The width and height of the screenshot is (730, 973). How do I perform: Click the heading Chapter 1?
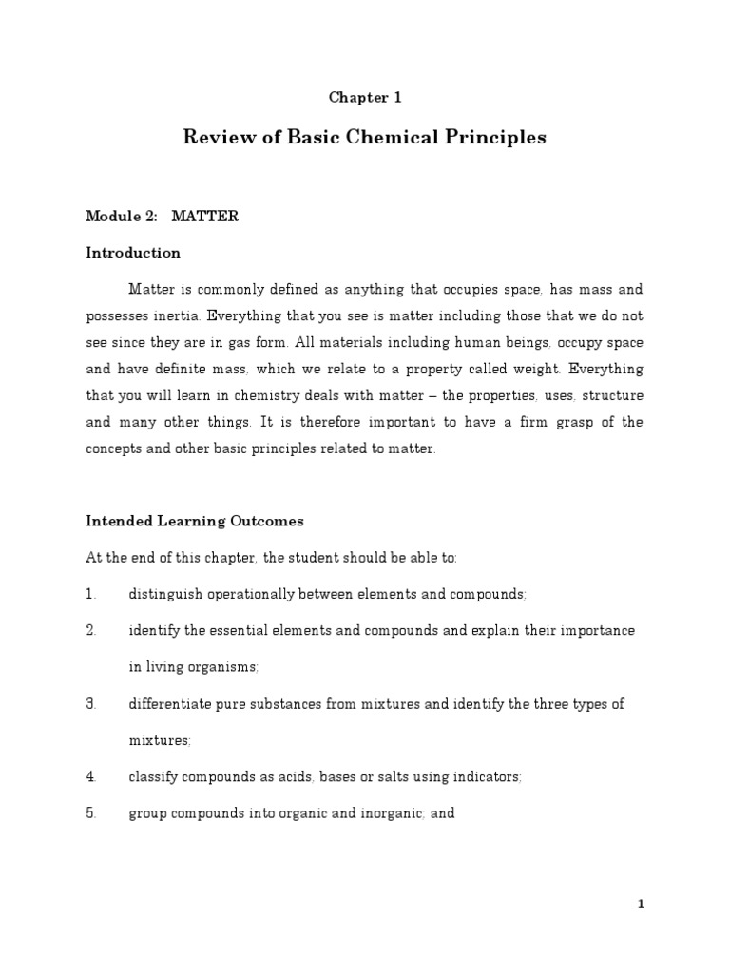pos(358,97)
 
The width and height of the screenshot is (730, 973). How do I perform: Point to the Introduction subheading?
pos(133,253)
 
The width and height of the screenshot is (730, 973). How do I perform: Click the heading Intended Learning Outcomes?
pos(195,521)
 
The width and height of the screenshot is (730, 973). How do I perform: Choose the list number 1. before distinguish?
pos(91,594)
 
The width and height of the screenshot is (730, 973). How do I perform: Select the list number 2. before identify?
pos(91,631)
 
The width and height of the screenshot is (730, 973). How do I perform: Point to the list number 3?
pos(91,704)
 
